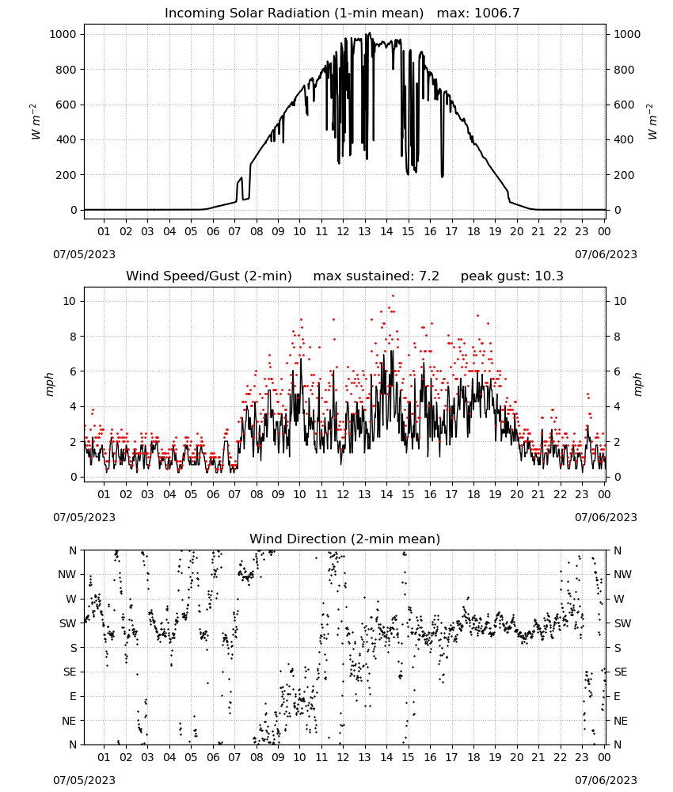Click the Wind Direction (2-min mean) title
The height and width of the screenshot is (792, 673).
[x=345, y=539]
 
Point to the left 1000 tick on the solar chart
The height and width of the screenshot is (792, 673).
[x=63, y=34]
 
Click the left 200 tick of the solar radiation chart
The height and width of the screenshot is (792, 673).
[x=67, y=175]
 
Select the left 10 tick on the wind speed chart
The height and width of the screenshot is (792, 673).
[x=70, y=301]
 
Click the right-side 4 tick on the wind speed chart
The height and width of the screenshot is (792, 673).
[x=617, y=406]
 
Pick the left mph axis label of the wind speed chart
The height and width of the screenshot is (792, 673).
[x=49, y=384]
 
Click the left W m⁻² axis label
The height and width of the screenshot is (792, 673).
[x=35, y=122]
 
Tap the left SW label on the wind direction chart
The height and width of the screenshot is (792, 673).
[x=68, y=623]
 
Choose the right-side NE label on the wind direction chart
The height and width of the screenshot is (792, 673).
[x=621, y=721]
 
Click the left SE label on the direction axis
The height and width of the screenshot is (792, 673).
[x=70, y=672]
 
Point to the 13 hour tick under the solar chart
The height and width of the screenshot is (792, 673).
[x=364, y=231]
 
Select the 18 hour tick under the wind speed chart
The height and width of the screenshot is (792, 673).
[x=473, y=494]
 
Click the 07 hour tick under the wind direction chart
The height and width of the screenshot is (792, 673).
[x=234, y=757]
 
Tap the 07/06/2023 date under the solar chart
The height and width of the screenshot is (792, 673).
[x=606, y=254]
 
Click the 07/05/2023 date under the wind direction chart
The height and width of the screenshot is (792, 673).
[x=84, y=780]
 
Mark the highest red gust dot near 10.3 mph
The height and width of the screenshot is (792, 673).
[x=393, y=296]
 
